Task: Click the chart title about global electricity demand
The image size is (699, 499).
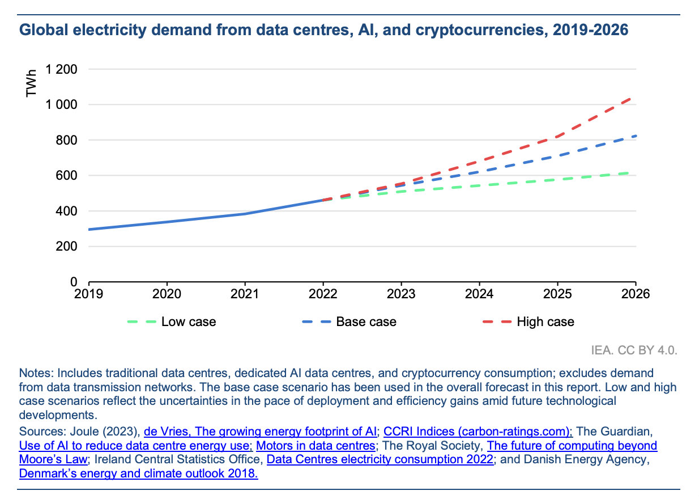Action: (x=323, y=30)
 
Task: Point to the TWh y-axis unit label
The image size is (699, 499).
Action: (x=32, y=83)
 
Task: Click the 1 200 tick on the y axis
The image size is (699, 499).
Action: (x=61, y=70)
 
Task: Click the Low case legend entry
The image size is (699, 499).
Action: (x=172, y=322)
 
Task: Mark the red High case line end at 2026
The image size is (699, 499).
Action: (x=634, y=98)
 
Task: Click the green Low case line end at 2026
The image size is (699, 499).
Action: (x=634, y=172)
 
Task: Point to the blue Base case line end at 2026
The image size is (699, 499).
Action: (x=634, y=136)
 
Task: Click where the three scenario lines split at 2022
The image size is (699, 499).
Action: (x=323, y=200)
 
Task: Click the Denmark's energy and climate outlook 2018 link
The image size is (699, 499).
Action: (x=138, y=473)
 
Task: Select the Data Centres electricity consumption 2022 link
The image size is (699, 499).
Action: (x=380, y=459)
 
